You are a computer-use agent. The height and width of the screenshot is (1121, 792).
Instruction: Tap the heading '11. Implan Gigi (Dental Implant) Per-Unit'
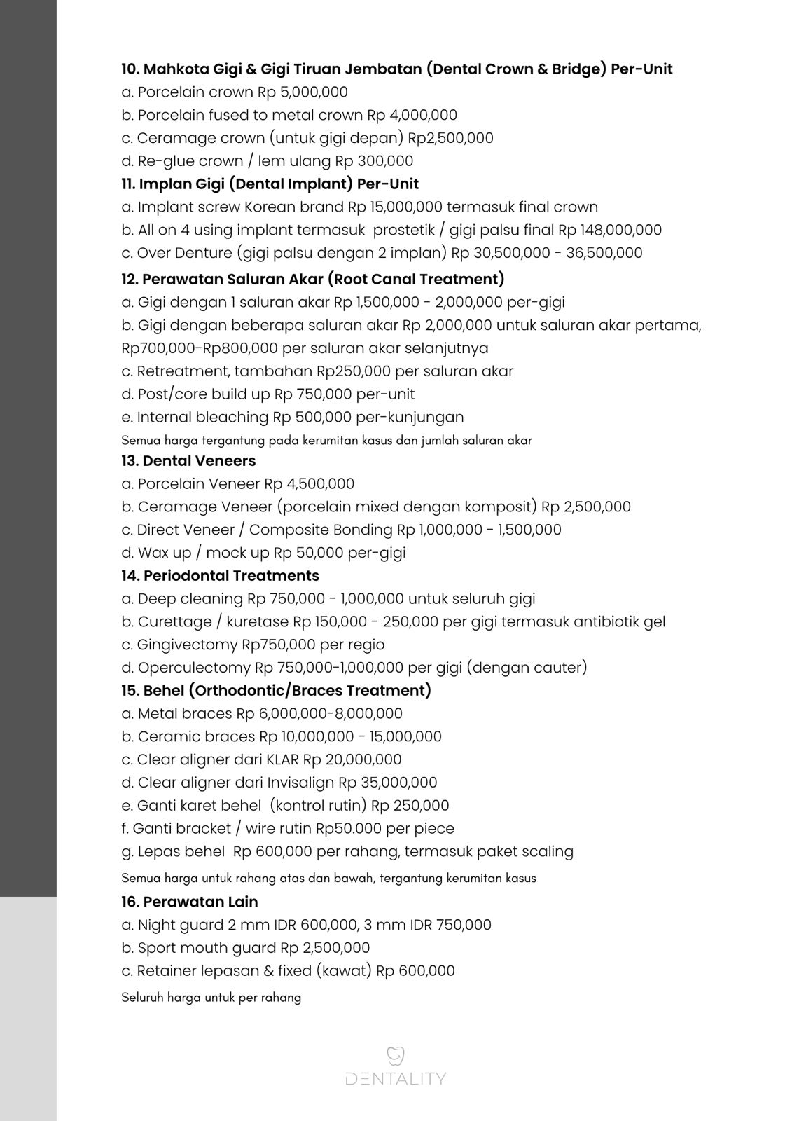click(x=270, y=184)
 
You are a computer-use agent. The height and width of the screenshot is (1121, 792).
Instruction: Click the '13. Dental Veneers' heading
click(x=188, y=460)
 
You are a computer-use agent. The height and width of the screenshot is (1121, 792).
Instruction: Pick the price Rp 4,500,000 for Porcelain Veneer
click(x=309, y=483)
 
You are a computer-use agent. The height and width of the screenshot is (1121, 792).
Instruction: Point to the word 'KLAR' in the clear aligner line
click(x=282, y=759)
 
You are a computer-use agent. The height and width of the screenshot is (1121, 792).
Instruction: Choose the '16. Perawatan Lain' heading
click(x=189, y=901)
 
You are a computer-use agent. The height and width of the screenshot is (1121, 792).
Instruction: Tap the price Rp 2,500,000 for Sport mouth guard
click(x=325, y=947)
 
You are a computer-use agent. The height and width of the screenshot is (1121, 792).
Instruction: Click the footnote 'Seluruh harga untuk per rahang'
click(x=211, y=997)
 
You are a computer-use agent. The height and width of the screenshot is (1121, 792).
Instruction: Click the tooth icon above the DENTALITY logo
click(x=396, y=1055)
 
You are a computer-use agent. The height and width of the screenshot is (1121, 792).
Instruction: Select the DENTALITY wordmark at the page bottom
click(x=396, y=1078)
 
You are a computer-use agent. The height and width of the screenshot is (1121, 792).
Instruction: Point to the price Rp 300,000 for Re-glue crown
click(x=374, y=160)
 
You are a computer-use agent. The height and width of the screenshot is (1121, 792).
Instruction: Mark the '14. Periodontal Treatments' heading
click(x=220, y=575)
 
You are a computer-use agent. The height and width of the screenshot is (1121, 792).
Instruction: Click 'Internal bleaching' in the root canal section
click(x=202, y=417)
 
